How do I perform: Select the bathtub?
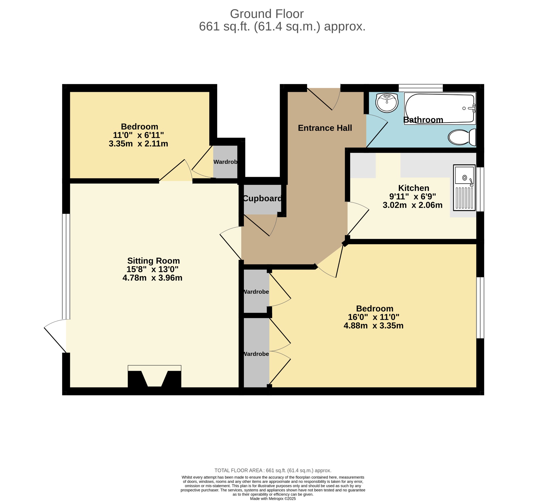point(440,108)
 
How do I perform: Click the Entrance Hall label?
point(325,128)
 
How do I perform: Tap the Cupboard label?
point(262,198)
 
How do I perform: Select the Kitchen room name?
point(413,188)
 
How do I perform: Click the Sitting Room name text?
point(154,261)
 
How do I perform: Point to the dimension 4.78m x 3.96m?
point(152,278)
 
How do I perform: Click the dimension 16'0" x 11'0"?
point(374,317)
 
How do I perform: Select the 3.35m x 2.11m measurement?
point(138,144)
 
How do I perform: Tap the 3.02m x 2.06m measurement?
point(412,205)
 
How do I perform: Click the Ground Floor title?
point(267,14)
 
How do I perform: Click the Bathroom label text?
point(423,120)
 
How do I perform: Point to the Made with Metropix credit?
point(273,499)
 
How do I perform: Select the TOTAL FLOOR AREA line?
point(273,471)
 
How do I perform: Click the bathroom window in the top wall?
point(421,88)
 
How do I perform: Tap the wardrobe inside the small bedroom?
point(225,162)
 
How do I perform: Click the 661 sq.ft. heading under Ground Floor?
point(282,27)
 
